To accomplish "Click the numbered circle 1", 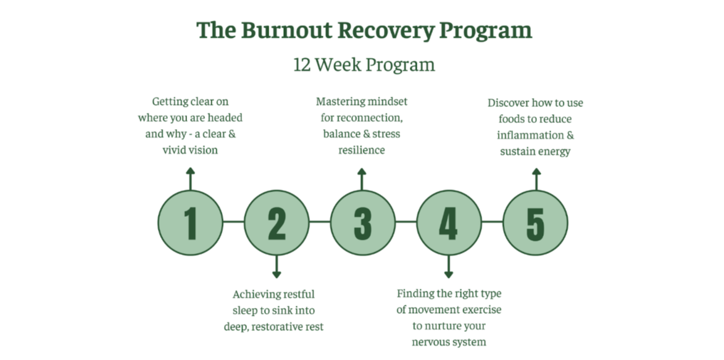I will point(190,223).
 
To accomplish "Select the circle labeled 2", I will point(277,223).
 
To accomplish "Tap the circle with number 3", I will point(362,223).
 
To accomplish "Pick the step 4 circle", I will point(449,223).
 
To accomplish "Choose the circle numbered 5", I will point(535,223).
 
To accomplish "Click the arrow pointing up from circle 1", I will point(190,178).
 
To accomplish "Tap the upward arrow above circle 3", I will point(362,178).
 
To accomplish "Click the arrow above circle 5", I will point(535,178).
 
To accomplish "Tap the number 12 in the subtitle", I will point(302,65).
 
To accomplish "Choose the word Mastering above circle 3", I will point(339,101).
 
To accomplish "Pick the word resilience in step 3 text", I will point(362,150).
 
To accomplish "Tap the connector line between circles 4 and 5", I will point(492,221).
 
